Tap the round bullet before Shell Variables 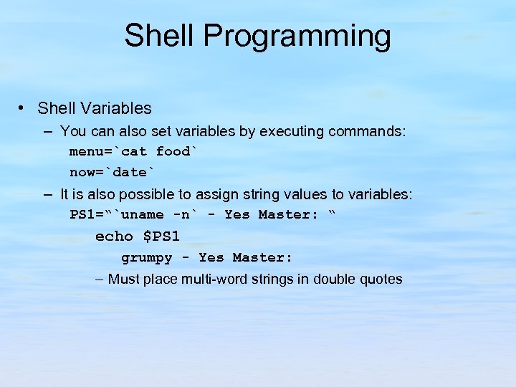(x=24, y=108)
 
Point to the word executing (x=292, y=131)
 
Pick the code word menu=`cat (x=108, y=151)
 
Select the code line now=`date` (x=112, y=172)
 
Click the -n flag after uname (x=182, y=214)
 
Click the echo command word (x=115, y=236)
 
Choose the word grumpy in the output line (x=147, y=257)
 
